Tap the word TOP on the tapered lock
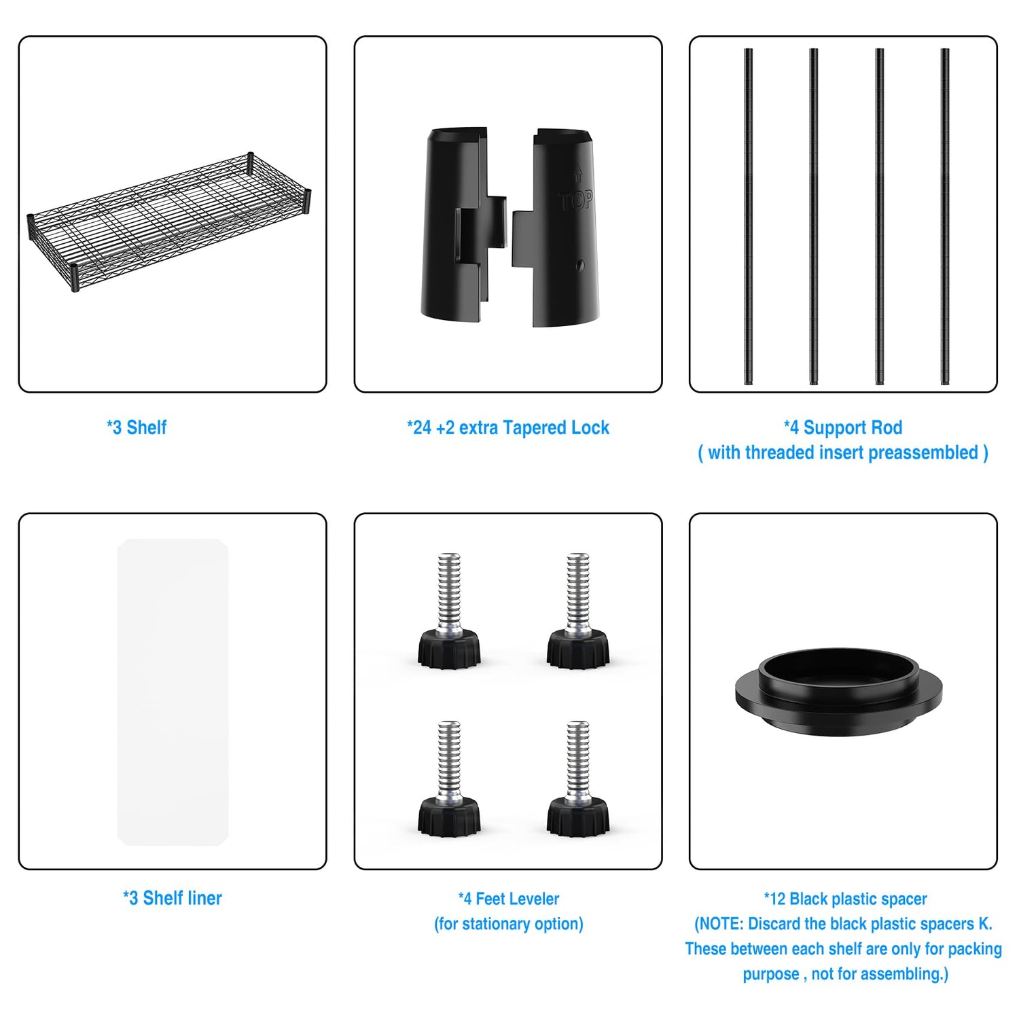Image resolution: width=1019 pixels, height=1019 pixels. click(576, 200)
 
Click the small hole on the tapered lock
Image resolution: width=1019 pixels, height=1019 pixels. click(579, 266)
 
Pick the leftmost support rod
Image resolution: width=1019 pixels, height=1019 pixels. click(748, 217)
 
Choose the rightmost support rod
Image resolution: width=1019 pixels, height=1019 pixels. click(945, 217)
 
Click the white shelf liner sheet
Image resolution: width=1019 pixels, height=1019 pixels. click(173, 692)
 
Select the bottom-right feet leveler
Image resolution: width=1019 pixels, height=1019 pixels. click(578, 779)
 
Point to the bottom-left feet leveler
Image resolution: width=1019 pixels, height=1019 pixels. click(449, 779)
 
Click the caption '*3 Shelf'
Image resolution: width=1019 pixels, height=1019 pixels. click(137, 427)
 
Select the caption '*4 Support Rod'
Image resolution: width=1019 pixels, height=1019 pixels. click(843, 427)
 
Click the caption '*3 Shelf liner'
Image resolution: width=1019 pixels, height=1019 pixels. click(173, 898)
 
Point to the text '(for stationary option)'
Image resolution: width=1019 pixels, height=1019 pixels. click(509, 924)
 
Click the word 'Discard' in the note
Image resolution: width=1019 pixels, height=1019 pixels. click(774, 924)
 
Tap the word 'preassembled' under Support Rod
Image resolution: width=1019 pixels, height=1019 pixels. click(923, 453)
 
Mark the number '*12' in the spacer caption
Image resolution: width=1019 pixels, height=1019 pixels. click(774, 899)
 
